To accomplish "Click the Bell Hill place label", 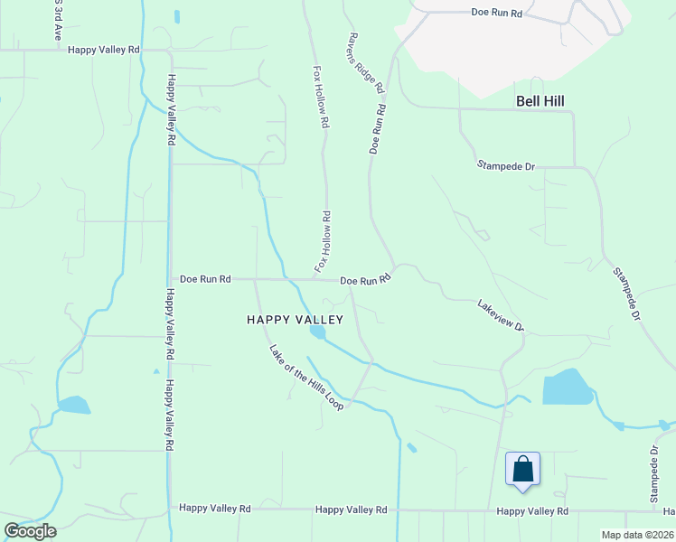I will pyautogui.click(x=540, y=101).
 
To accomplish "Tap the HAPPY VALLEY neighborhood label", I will pyautogui.click(x=296, y=320).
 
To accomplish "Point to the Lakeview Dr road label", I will pyautogui.click(x=501, y=316).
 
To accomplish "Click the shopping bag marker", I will pyautogui.click(x=522, y=470).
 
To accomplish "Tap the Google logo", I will pyautogui.click(x=30, y=531).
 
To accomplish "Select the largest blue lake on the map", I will pyautogui.click(x=567, y=388).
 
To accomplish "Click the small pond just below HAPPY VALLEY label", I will pyautogui.click(x=318, y=332).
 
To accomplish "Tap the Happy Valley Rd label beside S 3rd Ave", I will pyautogui.click(x=105, y=51).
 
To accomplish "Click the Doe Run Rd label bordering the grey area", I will pyautogui.click(x=497, y=13).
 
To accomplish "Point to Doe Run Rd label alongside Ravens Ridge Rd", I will pyautogui.click(x=378, y=129).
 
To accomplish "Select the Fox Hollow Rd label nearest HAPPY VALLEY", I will pyautogui.click(x=323, y=242).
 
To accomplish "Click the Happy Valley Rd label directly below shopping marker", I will pyautogui.click(x=532, y=511).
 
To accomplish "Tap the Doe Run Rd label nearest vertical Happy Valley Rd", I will pyautogui.click(x=205, y=279).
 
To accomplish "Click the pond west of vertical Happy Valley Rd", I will pyautogui.click(x=73, y=405).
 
